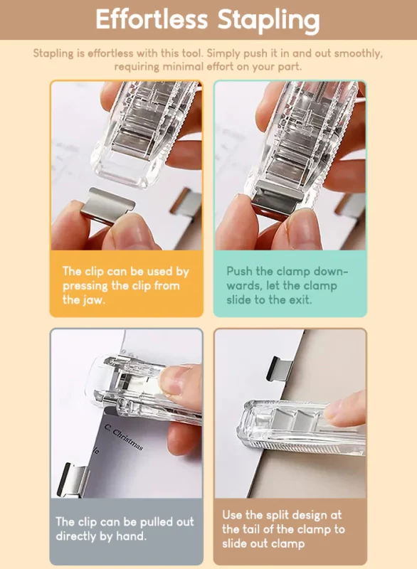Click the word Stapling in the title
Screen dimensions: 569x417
pos(269,21)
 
